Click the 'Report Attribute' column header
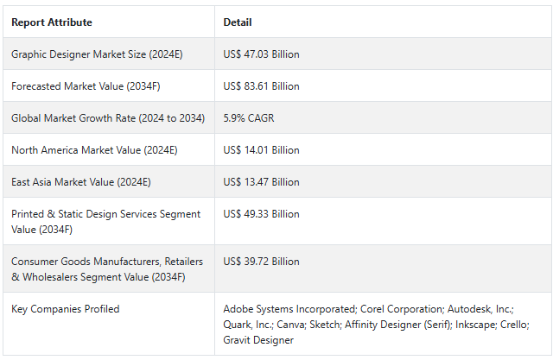[51, 22]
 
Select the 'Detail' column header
[238, 22]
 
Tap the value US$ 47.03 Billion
[261, 54]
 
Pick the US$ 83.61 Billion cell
[261, 86]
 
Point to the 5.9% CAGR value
[249, 118]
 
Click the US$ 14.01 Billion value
[261, 150]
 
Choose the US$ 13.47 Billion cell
[261, 182]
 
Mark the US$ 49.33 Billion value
[261, 214]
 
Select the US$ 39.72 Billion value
[261, 262]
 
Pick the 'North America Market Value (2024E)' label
[94, 150]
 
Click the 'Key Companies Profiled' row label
[66, 309]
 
